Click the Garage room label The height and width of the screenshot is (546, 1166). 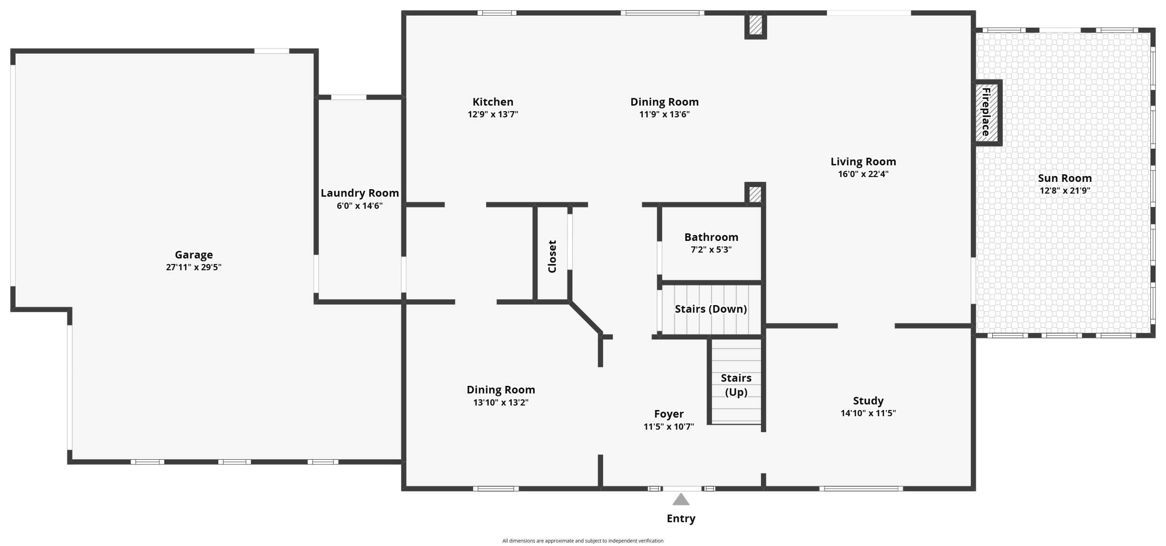coord(194,255)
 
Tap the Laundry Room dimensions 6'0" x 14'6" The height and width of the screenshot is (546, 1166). coord(360,206)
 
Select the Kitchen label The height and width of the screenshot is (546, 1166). coord(492,102)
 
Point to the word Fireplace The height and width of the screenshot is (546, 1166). coord(985,112)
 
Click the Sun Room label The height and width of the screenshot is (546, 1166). coord(1064,178)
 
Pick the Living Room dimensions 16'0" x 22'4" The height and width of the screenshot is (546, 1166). coord(863,174)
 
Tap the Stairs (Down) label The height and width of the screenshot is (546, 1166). coord(710,309)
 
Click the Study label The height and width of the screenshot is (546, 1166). coord(868,400)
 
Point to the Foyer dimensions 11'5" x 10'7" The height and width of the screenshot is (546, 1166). coord(668,426)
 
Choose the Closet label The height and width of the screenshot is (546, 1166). coord(552,256)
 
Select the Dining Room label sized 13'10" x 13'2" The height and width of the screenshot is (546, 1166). coord(500,389)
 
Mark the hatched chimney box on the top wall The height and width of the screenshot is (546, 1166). coord(755,26)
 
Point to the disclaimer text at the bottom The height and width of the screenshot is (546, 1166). coord(583,541)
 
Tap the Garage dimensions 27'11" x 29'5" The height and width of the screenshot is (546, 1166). coord(193,267)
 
